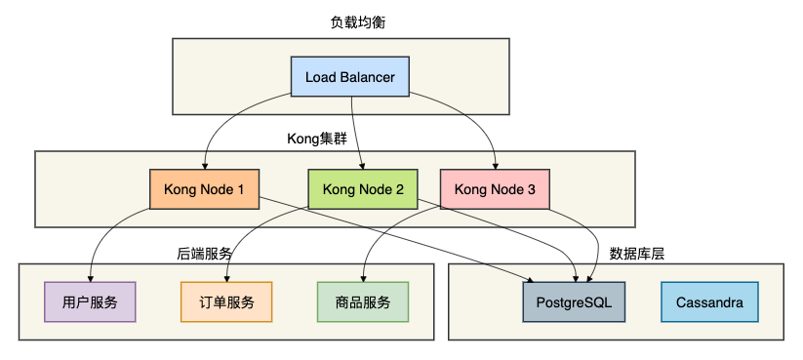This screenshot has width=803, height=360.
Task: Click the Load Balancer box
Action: pyautogui.click(x=349, y=76)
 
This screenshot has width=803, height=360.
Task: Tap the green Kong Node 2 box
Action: pyautogui.click(x=363, y=188)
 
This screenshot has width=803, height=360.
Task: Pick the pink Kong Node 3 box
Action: pyautogui.click(x=495, y=188)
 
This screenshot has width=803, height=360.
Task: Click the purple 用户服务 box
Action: pyautogui.click(x=91, y=302)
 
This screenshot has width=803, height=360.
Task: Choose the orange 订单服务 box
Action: pyautogui.click(x=226, y=302)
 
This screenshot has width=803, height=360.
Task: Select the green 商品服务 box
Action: pyautogui.click(x=363, y=302)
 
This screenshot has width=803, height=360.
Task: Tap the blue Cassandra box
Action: pyautogui.click(x=708, y=302)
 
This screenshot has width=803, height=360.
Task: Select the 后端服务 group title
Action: pyautogui.click(x=204, y=253)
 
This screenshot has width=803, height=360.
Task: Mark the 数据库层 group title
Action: pyautogui.click(x=636, y=253)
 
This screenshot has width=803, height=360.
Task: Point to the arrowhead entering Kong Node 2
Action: pyautogui.click(x=363, y=165)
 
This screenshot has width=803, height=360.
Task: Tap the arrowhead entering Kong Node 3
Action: pyautogui.click(x=495, y=165)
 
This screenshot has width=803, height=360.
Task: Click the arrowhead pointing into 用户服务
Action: pyautogui.click(x=91, y=278)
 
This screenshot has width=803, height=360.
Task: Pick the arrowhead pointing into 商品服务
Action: pyautogui.click(x=363, y=278)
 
